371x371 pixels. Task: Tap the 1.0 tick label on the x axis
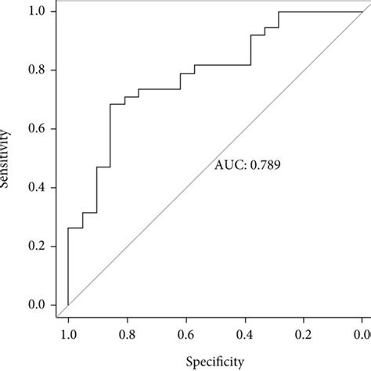click(x=68, y=334)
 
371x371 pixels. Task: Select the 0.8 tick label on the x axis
click(x=127, y=334)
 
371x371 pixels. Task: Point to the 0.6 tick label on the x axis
click(x=185, y=334)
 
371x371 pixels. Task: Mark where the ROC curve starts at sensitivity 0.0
click(x=68, y=304)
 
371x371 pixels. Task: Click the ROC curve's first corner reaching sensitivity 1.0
click(x=279, y=12)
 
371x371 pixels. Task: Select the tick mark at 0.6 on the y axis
click(x=52, y=129)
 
